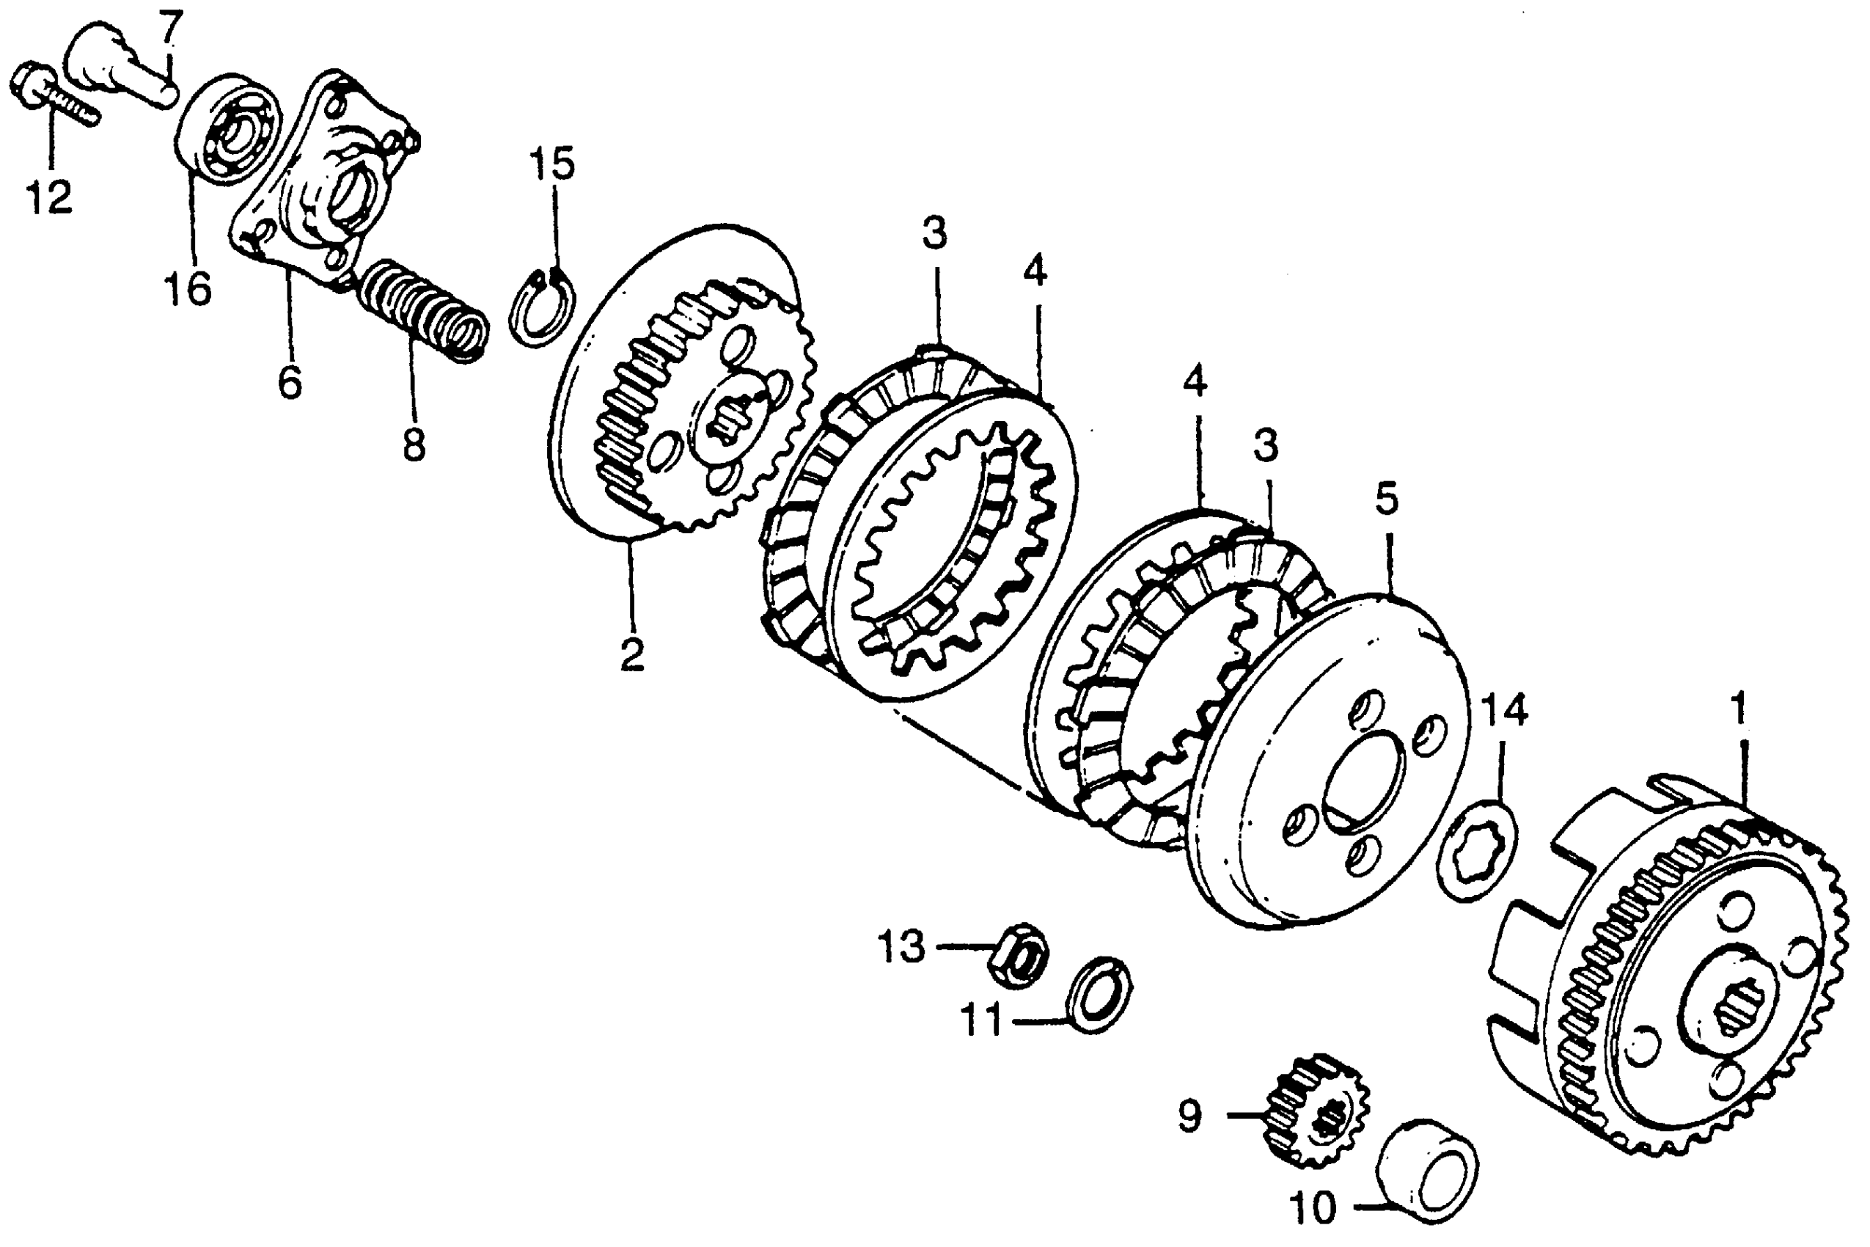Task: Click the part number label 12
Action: (x=49, y=197)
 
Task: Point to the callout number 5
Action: (x=1387, y=499)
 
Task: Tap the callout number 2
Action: (x=632, y=654)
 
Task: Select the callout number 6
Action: (x=290, y=382)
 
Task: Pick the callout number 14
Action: (x=1503, y=710)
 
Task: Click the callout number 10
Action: (x=1314, y=1209)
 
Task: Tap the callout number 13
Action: (x=901, y=947)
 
